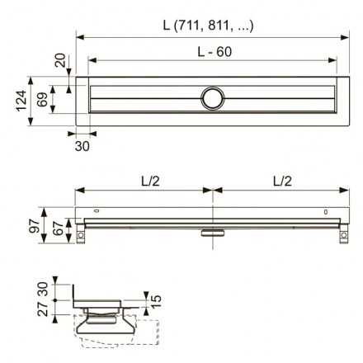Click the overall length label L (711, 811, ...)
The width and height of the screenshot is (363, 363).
[208, 26]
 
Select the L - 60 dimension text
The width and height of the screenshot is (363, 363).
[214, 52]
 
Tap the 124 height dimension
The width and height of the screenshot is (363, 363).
[22, 101]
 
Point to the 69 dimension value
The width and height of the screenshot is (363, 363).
[42, 99]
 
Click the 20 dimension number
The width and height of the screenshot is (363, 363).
[60, 60]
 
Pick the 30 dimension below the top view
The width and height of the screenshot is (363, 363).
[82, 146]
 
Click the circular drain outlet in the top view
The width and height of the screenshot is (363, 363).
[213, 98]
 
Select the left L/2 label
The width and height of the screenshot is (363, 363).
[150, 181]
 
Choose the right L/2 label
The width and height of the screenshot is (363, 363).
[282, 181]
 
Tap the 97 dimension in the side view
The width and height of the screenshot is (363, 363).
[35, 225]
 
